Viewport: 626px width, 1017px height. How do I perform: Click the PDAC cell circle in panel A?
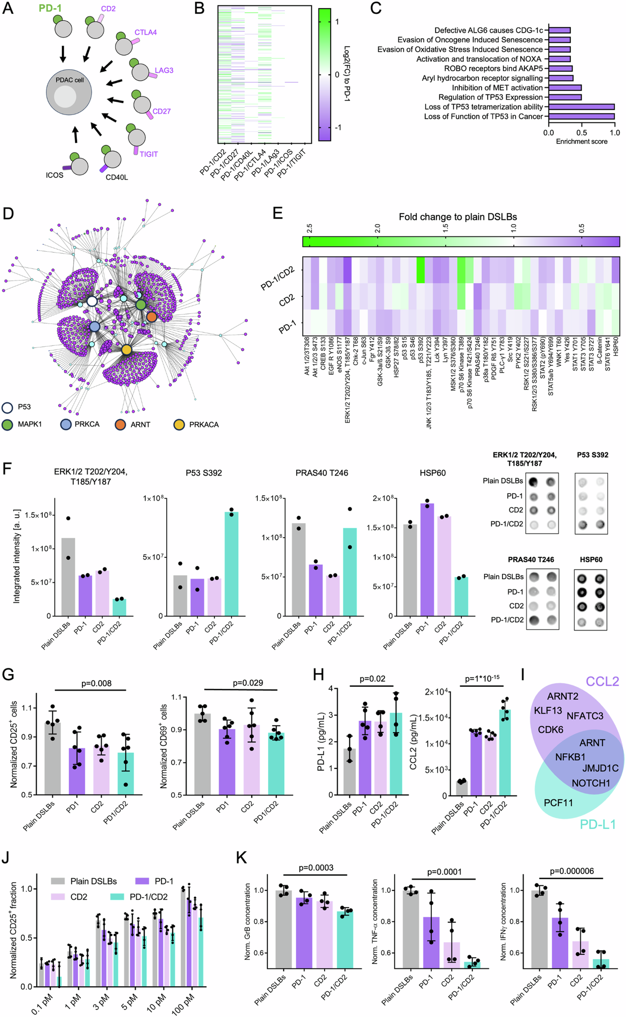point(69,92)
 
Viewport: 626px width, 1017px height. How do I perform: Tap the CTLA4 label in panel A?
point(145,32)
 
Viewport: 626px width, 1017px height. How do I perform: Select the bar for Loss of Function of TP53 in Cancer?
point(581,116)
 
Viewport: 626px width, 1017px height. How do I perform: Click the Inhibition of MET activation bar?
point(565,88)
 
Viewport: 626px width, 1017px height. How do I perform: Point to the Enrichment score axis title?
point(581,142)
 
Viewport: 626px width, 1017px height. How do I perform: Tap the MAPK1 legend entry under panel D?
point(29,424)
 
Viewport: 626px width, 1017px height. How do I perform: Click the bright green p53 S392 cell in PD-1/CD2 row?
point(420,270)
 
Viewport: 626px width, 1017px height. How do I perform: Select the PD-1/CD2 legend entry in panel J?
point(148,897)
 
